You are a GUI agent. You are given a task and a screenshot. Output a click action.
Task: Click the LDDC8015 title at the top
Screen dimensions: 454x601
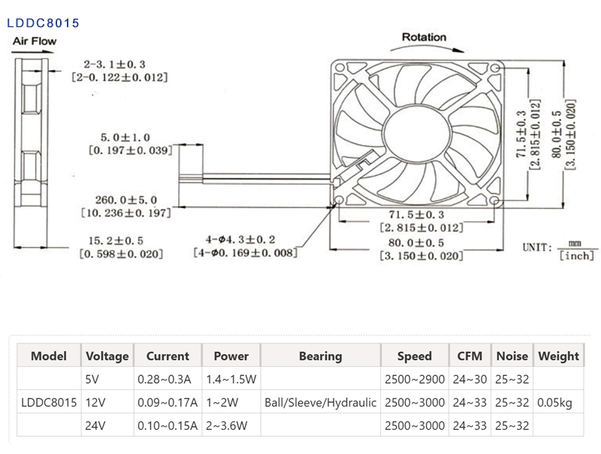tap(43, 23)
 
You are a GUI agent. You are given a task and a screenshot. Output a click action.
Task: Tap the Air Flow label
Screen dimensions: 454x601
tap(34, 41)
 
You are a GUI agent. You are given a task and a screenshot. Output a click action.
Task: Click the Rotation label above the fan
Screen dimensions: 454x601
tap(424, 37)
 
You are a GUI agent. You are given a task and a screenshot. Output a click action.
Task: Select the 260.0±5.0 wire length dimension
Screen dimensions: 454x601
tap(125, 200)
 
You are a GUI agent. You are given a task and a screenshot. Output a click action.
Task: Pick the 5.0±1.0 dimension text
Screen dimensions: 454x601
tap(125, 138)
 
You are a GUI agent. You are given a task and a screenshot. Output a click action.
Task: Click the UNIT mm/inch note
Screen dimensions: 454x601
tap(559, 250)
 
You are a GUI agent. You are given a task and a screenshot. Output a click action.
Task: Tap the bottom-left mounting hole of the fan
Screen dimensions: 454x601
tap(338, 201)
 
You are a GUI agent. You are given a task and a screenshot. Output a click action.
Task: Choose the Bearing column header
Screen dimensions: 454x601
tap(320, 356)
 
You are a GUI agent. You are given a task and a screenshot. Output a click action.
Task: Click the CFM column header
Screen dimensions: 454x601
tap(470, 356)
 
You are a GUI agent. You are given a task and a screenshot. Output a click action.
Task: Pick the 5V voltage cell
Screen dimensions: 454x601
tap(93, 380)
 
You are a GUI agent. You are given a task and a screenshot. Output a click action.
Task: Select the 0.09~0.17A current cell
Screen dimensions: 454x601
tap(167, 403)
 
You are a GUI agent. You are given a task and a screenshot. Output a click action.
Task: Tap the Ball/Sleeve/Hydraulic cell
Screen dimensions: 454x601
tap(320, 403)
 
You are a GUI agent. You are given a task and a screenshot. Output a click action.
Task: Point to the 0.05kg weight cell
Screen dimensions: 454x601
tap(554, 403)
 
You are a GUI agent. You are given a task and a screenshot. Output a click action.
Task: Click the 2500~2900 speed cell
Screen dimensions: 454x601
tap(415, 380)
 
